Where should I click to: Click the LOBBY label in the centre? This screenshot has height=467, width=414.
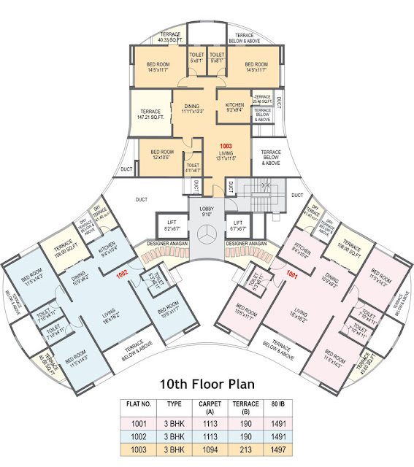pyautogui.click(x=207, y=211)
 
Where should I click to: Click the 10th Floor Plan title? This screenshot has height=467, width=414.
pyautogui.click(x=206, y=384)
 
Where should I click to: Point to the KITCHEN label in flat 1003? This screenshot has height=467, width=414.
pyautogui.click(x=234, y=107)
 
